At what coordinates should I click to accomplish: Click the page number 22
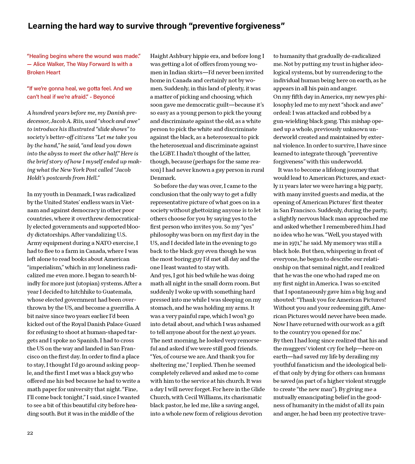(30, 433)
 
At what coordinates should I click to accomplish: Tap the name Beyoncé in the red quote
(104, 97)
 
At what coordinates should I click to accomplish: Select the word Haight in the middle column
(159, 56)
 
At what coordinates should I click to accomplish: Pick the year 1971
(292, 243)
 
